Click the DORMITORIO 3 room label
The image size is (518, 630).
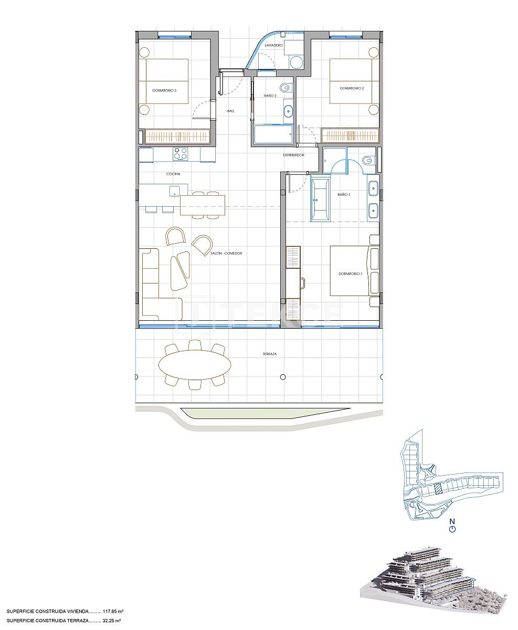[x=164, y=90]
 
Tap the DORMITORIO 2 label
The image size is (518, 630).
[x=352, y=88]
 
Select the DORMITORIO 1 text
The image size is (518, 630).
[x=350, y=274]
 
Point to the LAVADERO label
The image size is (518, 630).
[x=274, y=46]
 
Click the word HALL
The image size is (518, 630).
[x=230, y=111]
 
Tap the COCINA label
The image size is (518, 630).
[x=173, y=174]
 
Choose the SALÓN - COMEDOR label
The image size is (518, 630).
[x=227, y=254]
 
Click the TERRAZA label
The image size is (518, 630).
[x=270, y=354]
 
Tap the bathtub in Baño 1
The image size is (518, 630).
[x=320, y=200]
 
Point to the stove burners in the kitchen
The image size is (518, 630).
[x=181, y=154]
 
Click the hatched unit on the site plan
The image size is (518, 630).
[x=437, y=489]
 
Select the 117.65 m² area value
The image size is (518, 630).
[x=113, y=612]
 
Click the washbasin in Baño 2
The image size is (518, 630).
[x=288, y=111]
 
